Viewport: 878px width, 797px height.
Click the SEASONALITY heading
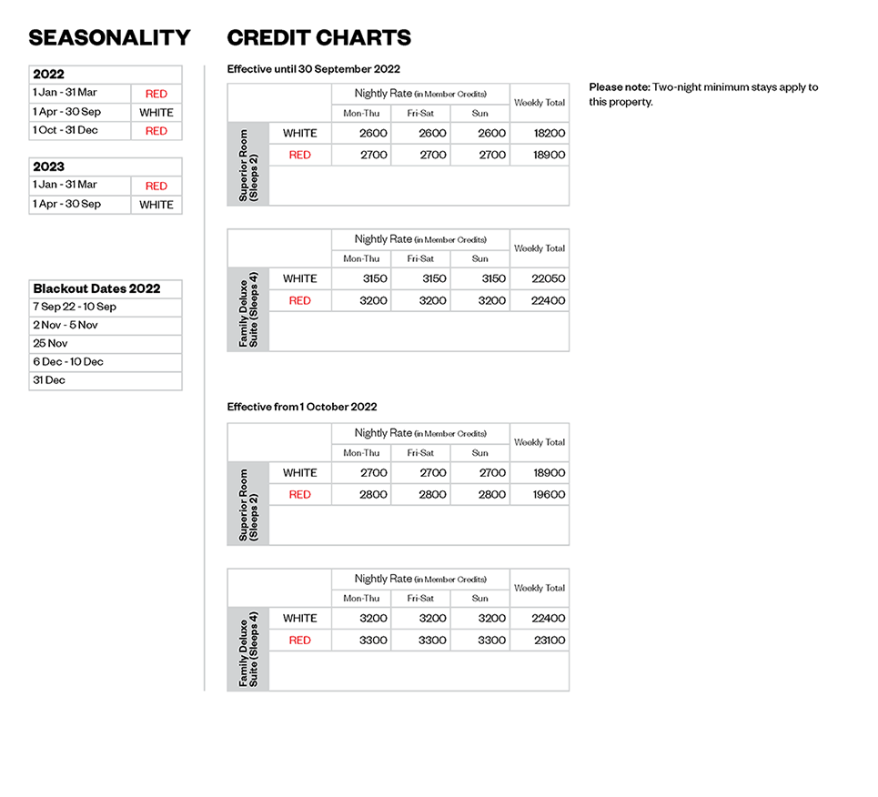click(x=109, y=38)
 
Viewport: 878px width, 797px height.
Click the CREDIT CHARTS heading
click(x=318, y=38)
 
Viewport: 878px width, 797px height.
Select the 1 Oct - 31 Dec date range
click(x=66, y=130)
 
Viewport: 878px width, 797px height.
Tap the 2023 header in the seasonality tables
click(x=49, y=167)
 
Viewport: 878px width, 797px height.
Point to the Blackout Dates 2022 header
click(x=96, y=288)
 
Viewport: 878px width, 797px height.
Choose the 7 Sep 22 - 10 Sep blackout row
click(x=75, y=307)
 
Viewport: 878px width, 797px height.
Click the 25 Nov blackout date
click(x=50, y=343)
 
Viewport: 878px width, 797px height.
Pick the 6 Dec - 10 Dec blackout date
click(x=68, y=361)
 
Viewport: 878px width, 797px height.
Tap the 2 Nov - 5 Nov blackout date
click(x=66, y=325)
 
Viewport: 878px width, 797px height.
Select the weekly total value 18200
click(x=550, y=133)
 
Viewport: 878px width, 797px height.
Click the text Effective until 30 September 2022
click(x=313, y=69)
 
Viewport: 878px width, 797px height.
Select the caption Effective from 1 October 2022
click(x=302, y=407)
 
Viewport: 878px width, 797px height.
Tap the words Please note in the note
click(x=620, y=87)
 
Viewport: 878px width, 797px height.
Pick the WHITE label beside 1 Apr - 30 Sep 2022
click(x=156, y=113)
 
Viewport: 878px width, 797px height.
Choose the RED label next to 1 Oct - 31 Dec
click(x=156, y=131)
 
